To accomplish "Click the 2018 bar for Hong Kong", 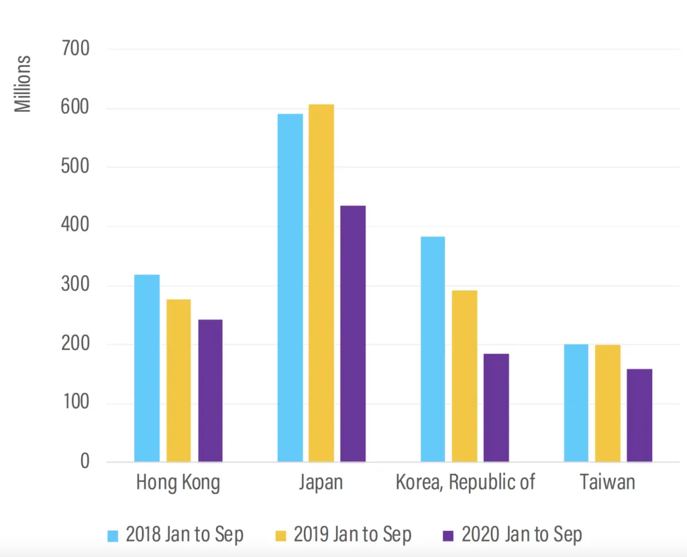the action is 147,368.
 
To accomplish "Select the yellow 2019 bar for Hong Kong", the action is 178,381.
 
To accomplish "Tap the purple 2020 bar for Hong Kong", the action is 210,391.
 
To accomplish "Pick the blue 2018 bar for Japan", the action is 290,288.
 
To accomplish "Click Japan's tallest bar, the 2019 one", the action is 321,283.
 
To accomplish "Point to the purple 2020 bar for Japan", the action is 353,334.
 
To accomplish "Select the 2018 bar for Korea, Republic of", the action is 433,349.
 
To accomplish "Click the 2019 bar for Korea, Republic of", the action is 464,376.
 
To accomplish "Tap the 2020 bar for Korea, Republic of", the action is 496,408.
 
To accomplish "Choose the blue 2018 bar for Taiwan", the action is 576,403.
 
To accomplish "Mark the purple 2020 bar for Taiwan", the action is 639,415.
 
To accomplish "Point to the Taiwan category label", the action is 607,482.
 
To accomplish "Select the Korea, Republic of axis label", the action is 466,483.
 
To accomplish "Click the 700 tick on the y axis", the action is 75,48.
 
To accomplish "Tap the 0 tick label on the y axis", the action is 85,461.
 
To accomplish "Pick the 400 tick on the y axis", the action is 75,225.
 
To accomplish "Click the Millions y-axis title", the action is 23,84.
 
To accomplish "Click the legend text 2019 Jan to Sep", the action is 353,535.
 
